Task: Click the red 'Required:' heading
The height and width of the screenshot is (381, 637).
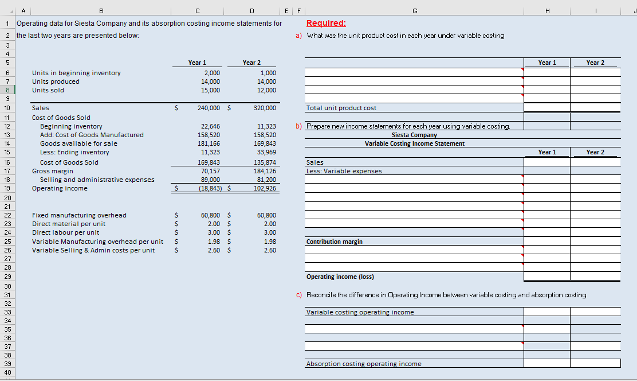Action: coord(326,24)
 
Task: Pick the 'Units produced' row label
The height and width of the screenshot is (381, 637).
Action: coord(56,81)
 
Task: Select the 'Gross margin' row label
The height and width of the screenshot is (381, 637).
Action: coord(52,171)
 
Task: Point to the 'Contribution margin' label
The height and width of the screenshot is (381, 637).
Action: coord(335,242)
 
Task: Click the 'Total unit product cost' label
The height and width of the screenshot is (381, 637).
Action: coord(341,108)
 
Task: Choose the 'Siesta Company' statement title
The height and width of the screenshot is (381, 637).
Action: coord(414,135)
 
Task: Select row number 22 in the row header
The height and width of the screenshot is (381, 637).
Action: coord(8,215)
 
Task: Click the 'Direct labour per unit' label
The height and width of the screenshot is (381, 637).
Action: coord(65,232)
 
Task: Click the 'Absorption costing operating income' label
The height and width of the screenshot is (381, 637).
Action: coord(364,364)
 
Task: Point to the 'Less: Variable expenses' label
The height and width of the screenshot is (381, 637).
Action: coord(344,171)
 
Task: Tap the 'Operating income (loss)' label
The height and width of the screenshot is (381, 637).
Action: coord(340,277)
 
